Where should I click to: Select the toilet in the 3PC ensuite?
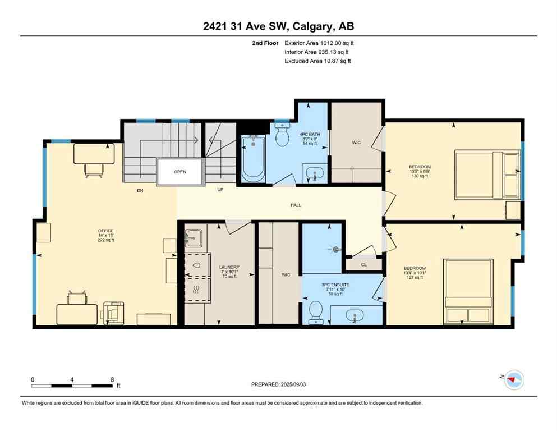click(316, 312)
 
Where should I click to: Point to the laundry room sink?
click(194, 237)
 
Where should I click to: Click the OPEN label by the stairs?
click(179, 172)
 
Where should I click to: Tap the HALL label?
click(296, 205)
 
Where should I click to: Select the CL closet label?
click(363, 264)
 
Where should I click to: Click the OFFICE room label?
click(105, 231)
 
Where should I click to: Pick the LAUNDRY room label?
click(229, 267)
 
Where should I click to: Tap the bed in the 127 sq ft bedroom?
click(468, 291)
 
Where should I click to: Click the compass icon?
click(514, 380)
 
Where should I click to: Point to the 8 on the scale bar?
click(112, 379)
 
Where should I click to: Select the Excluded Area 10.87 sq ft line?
click(318, 61)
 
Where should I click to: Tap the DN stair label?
click(140, 190)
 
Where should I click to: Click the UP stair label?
click(221, 190)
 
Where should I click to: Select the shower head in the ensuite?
click(337, 249)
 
